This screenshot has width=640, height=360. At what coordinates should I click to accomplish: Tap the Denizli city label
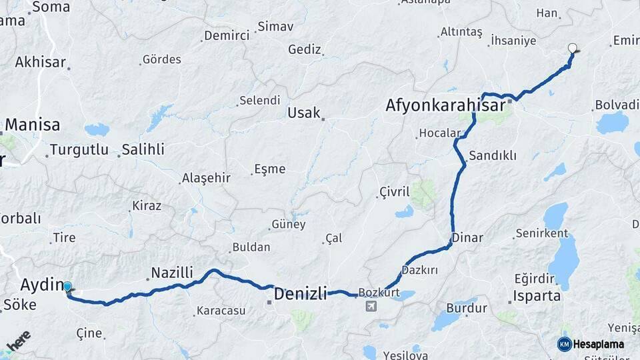coord(301,293)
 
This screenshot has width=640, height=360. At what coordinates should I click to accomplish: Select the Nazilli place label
coord(172,272)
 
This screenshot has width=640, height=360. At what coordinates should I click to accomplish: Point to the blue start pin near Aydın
coord(67,287)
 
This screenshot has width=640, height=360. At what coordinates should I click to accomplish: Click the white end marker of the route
coord(572,48)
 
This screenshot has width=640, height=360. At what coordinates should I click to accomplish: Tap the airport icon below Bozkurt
coord(371,306)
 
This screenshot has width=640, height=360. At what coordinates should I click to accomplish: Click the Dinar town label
coord(467,237)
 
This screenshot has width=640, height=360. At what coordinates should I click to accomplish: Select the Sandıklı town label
coord(493,155)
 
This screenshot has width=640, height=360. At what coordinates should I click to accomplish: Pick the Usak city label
coord(304,113)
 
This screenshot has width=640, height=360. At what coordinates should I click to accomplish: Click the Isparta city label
coord(537,295)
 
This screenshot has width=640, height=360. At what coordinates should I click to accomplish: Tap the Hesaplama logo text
coord(599,345)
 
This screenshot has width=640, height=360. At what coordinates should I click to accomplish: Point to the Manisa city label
coord(33,125)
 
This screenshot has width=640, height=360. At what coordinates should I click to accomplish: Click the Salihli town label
coord(143,149)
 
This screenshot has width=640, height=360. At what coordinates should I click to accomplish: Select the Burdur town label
coord(463,308)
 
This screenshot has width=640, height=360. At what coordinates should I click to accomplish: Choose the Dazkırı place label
coord(420,270)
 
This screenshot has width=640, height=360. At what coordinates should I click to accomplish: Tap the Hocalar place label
coord(439,133)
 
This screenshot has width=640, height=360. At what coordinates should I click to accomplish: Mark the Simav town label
coord(275,27)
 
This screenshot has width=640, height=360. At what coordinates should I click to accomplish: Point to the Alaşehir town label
coord(206,178)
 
